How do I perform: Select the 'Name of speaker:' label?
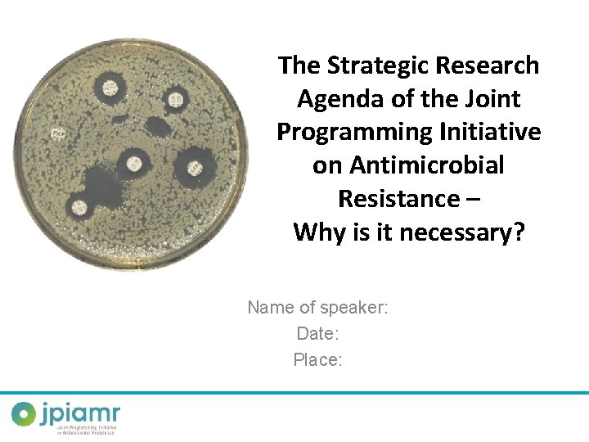point(317,308)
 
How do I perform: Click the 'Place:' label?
point(317,360)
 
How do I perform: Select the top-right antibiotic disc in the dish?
point(175,100)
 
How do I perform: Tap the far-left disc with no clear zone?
point(58,133)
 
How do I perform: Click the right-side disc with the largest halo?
point(195,169)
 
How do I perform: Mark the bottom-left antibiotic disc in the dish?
point(79,206)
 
